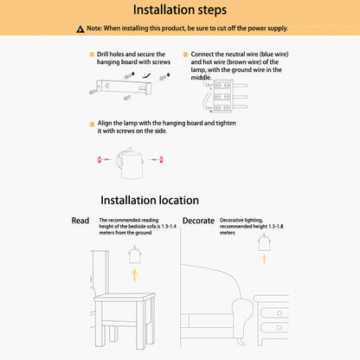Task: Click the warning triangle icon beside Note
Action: pyautogui.click(x=80, y=29)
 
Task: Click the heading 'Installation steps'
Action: pyautogui.click(x=180, y=10)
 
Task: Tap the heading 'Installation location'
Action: pyautogui.click(x=150, y=200)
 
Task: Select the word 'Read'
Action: pyautogui.click(x=80, y=221)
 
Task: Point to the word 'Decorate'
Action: pyautogui.click(x=198, y=221)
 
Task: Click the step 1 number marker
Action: pyautogui.click(x=92, y=55)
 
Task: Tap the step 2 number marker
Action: pyautogui.click(x=186, y=55)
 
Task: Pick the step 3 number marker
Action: pyautogui.click(x=92, y=125)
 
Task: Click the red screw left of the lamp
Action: pyautogui.click(x=100, y=159)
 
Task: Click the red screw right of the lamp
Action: pyautogui.click(x=161, y=159)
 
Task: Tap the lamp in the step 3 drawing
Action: pyautogui.click(x=130, y=164)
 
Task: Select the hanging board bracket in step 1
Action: pyautogui.click(x=124, y=87)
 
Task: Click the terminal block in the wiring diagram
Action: pyautogui.click(x=222, y=96)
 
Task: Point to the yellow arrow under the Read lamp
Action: pyautogui.click(x=134, y=275)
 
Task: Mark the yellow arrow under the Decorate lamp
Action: pyautogui.click(x=264, y=259)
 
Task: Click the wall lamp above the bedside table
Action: pyautogui.click(x=135, y=254)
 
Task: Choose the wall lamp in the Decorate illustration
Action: pyautogui.click(x=264, y=242)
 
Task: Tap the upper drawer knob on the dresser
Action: pyautogui.click(x=280, y=313)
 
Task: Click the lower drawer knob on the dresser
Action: pyautogui.click(x=280, y=328)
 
